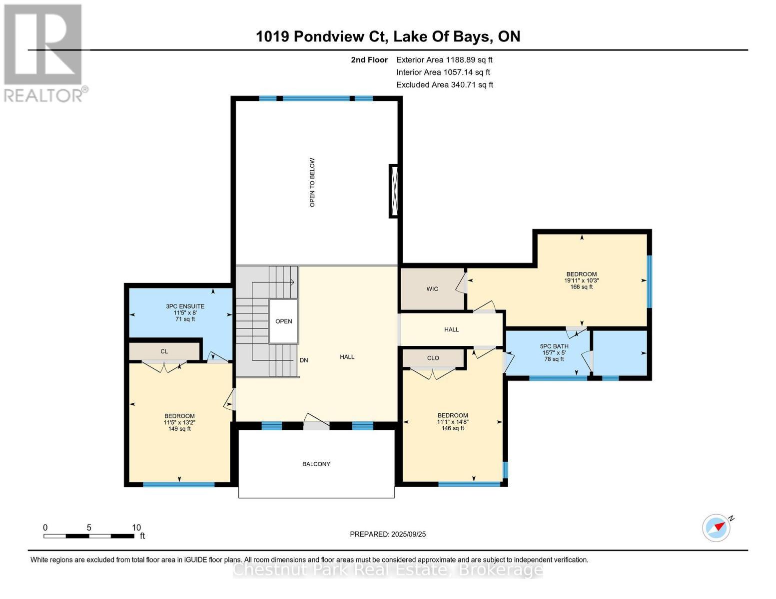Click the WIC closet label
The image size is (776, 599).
[432, 289]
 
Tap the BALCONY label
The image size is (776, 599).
[316, 464]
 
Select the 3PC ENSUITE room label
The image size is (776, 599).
[185, 306]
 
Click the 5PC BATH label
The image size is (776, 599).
[554, 346]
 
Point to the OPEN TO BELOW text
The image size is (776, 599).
[312, 183]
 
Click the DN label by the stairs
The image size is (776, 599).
[304, 360]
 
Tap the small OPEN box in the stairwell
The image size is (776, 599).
[283, 321]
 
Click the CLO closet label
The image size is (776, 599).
[433, 358]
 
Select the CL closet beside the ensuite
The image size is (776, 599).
[164, 351]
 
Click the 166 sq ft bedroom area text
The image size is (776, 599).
[581, 287]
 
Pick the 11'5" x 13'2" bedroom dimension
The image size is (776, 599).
[179, 422]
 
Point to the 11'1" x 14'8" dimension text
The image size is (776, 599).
[453, 422]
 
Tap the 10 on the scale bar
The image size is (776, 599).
[136, 528]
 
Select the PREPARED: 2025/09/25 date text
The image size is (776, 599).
[388, 534]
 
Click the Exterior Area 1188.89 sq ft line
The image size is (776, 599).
[444, 60]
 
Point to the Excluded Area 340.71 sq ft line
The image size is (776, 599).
[445, 85]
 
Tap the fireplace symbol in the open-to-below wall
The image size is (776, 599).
[394, 191]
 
